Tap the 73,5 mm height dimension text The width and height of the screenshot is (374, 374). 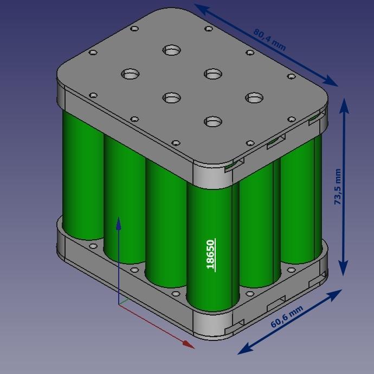point(338,187)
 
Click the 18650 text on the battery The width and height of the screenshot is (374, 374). point(211,254)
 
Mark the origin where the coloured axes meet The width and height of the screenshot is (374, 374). point(119,304)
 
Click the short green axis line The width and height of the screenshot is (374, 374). point(124,300)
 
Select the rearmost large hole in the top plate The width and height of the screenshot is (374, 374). point(172,51)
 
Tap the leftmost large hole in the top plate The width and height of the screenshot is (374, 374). point(131,74)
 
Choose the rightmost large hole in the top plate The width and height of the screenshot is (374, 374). point(254,97)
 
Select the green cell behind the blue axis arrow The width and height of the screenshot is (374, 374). point(124,195)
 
